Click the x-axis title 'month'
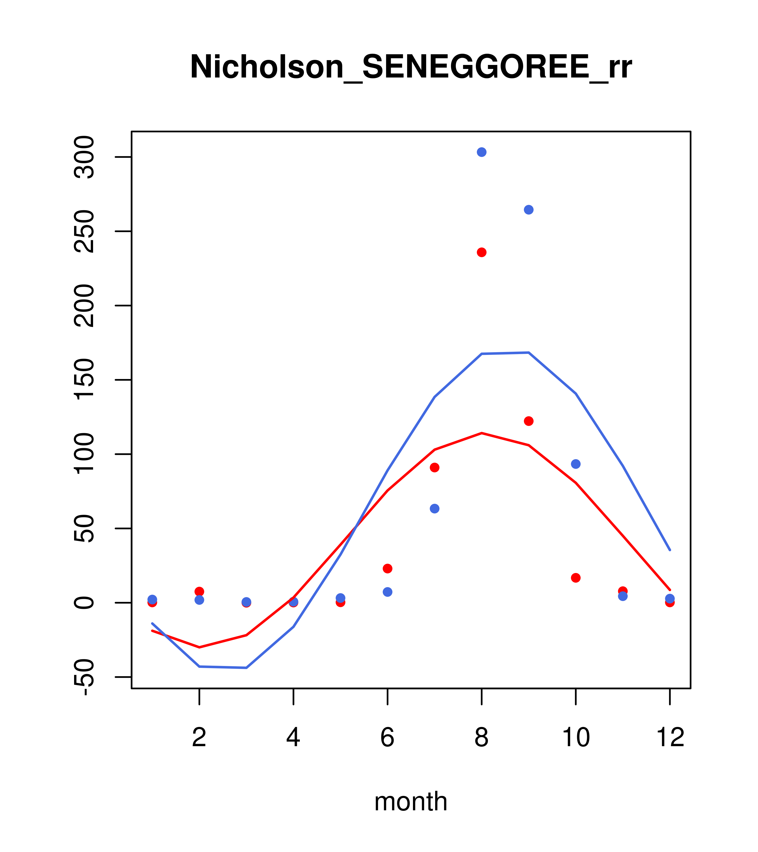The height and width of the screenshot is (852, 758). point(411,801)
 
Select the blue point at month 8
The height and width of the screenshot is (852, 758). point(481,152)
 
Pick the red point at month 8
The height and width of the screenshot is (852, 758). point(481,252)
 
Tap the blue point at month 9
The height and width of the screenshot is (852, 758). point(529,210)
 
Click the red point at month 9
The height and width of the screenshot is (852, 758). point(529,421)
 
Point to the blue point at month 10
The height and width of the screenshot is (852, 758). point(576,464)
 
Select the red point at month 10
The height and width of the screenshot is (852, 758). point(576,578)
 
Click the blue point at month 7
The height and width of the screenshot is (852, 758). point(434,509)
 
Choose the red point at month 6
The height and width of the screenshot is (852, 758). point(388,568)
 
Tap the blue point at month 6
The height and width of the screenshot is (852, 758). point(388,592)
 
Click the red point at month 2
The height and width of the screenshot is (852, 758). point(200,591)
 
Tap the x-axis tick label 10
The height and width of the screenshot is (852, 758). point(576,737)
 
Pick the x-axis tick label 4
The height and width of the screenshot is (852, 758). point(293,737)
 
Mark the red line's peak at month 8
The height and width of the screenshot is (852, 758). point(481,433)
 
